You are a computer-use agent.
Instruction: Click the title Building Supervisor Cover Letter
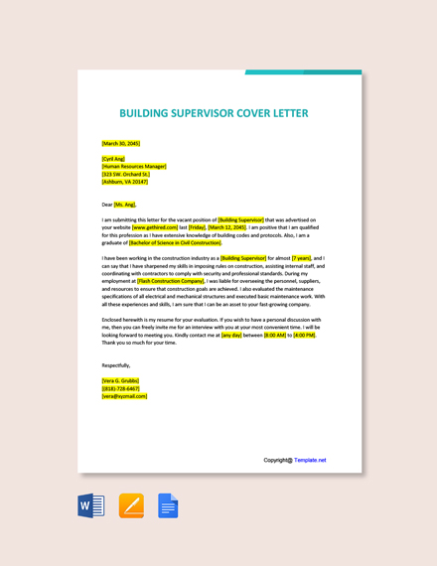[214, 113]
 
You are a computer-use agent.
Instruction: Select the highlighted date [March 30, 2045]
[121, 143]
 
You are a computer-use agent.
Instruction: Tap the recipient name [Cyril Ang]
[113, 158]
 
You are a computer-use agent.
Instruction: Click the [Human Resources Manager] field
[134, 166]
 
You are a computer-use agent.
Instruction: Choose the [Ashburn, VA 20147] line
[125, 182]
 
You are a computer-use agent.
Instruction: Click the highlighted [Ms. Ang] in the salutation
[125, 205]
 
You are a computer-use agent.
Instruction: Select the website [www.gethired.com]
[154, 227]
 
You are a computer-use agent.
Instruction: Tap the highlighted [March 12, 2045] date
[227, 227]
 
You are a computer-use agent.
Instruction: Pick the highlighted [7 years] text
[302, 258]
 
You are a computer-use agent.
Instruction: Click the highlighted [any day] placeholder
[231, 336]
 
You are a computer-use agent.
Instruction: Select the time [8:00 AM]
[275, 336]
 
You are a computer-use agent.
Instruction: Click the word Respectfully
[115, 365]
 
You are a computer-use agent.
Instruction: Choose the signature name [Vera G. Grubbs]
[120, 380]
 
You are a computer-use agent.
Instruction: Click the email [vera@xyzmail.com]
[124, 396]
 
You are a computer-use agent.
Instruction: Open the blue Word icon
[91, 505]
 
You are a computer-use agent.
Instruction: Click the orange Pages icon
[131, 505]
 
